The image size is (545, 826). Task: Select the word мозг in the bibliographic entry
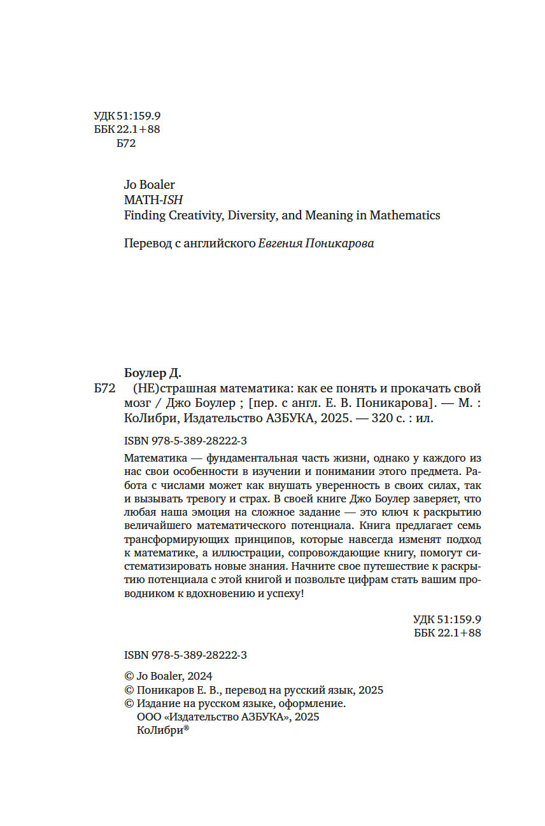pyautogui.click(x=135, y=404)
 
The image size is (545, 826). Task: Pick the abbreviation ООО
pyautogui.click(x=149, y=717)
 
